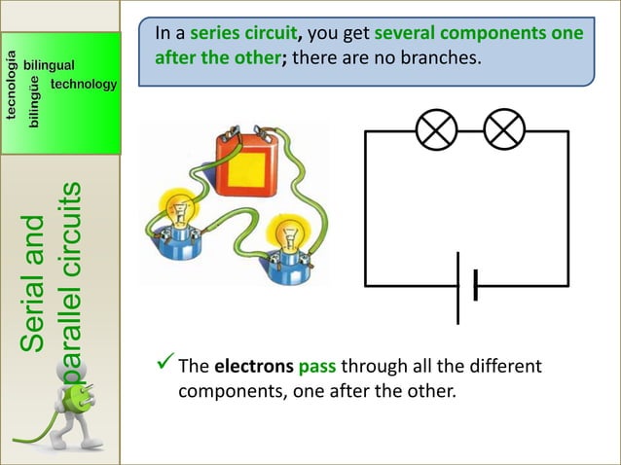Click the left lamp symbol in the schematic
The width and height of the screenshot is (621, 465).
pos(436,130)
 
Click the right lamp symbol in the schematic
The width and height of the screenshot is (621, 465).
pos(504,130)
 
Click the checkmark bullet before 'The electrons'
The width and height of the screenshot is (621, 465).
pos(164,367)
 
